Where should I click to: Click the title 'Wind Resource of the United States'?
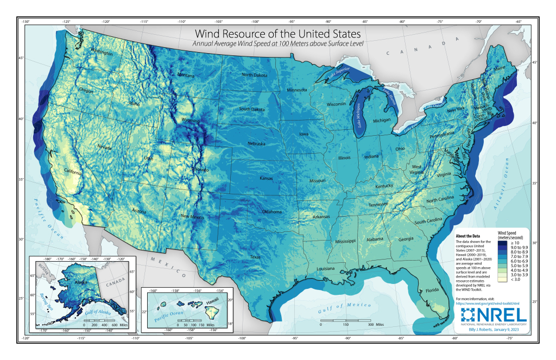277,34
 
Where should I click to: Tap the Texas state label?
255,257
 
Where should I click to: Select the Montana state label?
185,75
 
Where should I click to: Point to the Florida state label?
432,290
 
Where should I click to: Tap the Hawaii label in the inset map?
219,298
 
